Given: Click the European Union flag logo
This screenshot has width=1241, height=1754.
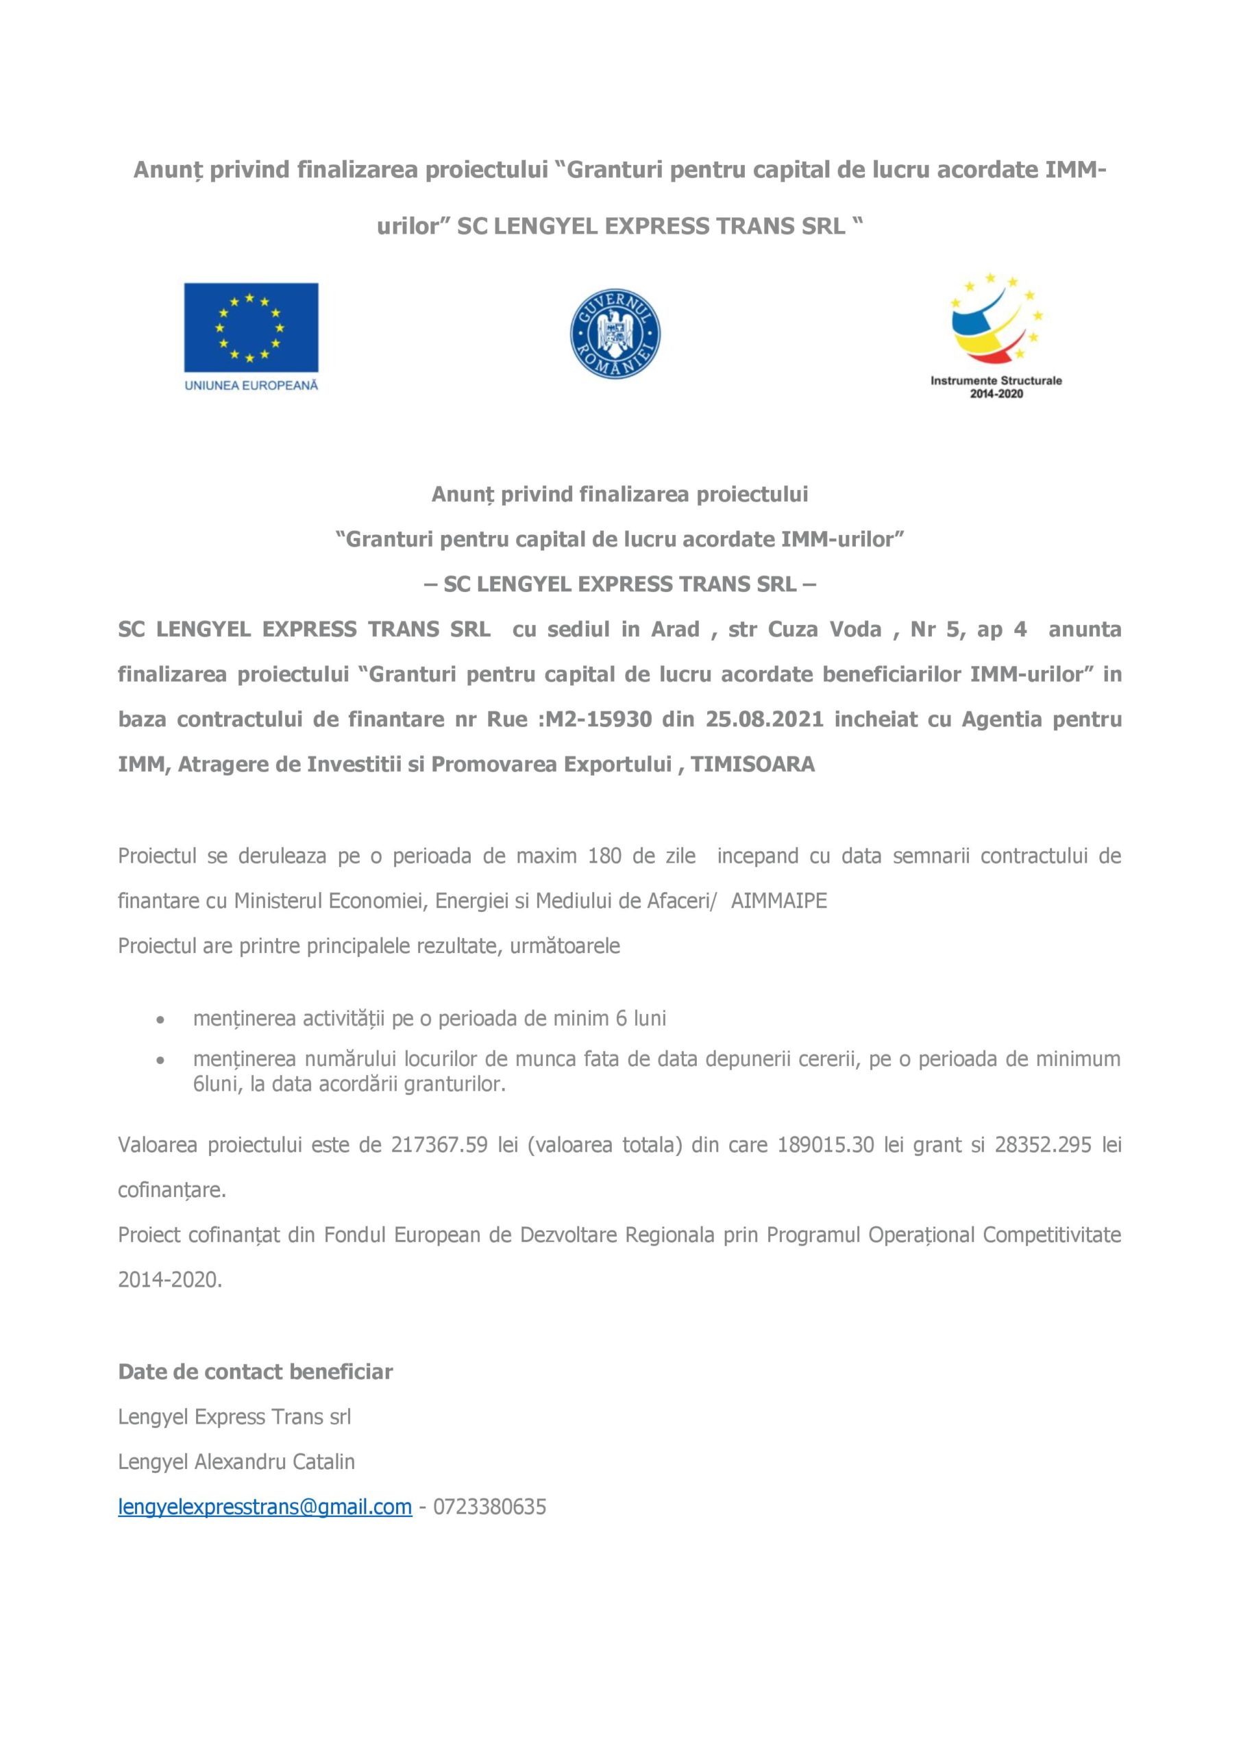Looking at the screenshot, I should [251, 328].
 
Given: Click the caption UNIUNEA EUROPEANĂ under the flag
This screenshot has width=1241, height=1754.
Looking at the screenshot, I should [251, 386].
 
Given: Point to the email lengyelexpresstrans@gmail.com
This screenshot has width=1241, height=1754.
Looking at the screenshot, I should [265, 1507].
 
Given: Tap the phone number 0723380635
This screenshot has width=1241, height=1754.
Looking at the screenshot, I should [490, 1507].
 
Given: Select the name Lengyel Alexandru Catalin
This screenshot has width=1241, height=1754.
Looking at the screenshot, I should [236, 1461].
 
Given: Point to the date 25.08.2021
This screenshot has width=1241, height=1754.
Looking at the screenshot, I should [764, 719].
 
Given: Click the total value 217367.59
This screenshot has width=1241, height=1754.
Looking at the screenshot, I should [439, 1144].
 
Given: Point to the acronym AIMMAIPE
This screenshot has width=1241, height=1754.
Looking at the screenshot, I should [778, 901].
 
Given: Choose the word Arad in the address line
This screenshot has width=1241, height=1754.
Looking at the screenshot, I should [675, 630].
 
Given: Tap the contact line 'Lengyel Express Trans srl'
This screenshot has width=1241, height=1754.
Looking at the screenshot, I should [234, 1417].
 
